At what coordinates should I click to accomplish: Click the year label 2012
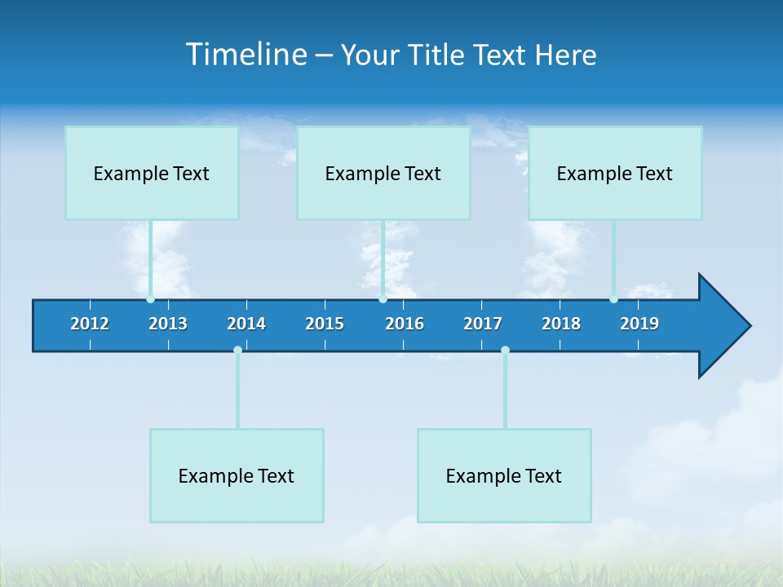coord(90,324)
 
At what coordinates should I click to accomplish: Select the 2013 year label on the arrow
coord(168,324)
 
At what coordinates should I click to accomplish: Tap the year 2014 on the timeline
coord(246,324)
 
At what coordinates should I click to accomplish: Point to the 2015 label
coord(325,324)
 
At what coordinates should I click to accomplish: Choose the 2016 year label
coord(405,324)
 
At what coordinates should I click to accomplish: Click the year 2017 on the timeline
coord(483,324)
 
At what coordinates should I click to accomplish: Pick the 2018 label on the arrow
coord(561,324)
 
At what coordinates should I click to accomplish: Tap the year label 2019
coord(639,324)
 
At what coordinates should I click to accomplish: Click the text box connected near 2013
coord(152,173)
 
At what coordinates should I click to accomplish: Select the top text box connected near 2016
coord(383,173)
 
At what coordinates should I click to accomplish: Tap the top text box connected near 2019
coord(615,173)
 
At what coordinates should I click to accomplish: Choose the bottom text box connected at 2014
coord(237,475)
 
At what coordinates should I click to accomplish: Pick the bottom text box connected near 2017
coord(504,475)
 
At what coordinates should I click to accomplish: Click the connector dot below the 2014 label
coord(237,351)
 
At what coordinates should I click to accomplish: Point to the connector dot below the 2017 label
coord(505,351)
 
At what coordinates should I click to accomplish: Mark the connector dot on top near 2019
coord(613,299)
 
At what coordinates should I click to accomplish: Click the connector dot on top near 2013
coord(150,299)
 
